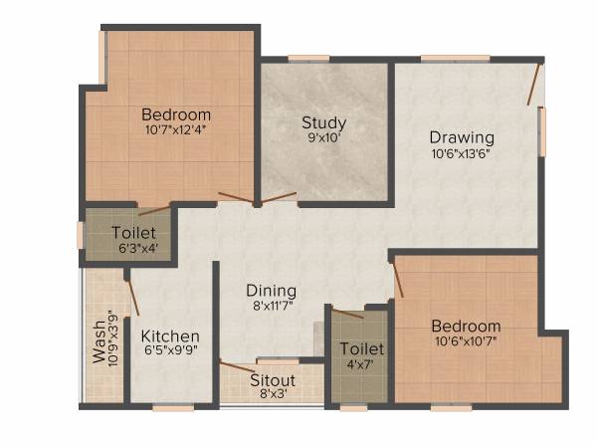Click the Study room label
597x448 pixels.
323,123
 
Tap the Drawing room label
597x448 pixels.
462,136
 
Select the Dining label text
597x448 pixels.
272,291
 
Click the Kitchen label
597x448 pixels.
169,336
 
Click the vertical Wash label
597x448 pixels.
99,343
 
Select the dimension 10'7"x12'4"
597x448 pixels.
176,128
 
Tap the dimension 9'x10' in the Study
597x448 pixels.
323,139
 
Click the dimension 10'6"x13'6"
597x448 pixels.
461,153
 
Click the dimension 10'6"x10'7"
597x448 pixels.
465,342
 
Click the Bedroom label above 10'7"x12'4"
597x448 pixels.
176,112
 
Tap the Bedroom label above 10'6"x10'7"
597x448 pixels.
466,327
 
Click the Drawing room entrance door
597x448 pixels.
534,86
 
